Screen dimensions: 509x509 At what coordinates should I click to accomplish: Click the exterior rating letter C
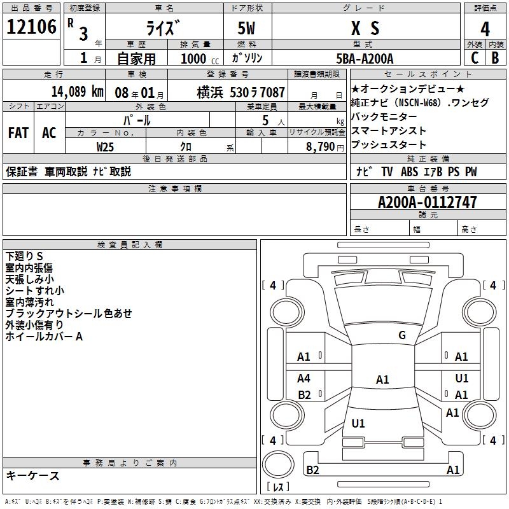click(474, 57)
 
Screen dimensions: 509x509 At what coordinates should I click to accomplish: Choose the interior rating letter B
click(495, 57)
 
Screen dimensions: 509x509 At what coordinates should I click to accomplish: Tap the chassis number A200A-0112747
click(427, 202)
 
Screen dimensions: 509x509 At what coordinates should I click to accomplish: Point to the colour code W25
click(105, 146)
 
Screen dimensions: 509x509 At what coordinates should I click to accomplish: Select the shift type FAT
click(18, 133)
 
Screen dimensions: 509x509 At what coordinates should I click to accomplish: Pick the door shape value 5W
click(247, 28)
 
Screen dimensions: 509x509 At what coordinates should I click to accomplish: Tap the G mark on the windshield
click(401, 335)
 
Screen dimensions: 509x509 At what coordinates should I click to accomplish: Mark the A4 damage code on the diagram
click(304, 379)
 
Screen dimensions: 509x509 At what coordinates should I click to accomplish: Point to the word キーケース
click(32, 475)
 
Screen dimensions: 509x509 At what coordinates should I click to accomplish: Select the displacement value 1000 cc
click(195, 58)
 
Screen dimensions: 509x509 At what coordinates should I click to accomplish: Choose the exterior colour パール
click(137, 120)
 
